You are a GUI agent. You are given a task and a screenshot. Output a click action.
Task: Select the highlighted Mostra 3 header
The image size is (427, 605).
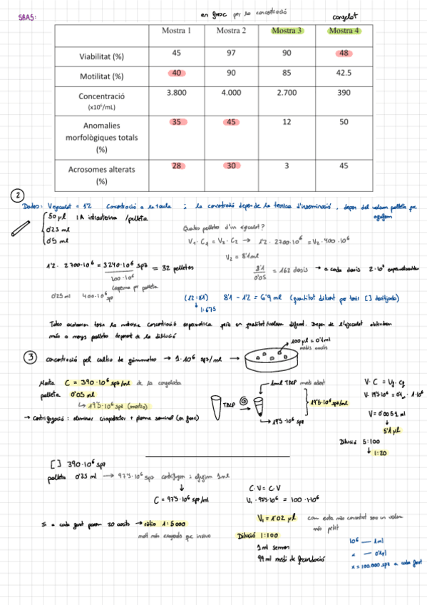287,31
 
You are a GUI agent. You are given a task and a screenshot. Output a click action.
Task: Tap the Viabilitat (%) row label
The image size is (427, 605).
103,55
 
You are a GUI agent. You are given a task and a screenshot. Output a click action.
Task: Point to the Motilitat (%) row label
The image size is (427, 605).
103,75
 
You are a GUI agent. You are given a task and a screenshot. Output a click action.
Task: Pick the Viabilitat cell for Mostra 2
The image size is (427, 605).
231,54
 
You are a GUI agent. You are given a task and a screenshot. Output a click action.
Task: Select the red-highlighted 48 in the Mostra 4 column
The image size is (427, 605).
344,54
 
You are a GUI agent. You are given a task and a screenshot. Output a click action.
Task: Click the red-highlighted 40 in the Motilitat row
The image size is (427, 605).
175,73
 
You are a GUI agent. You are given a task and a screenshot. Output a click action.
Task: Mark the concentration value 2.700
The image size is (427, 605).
287,93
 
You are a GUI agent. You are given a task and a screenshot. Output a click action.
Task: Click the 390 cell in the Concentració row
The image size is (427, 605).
344,93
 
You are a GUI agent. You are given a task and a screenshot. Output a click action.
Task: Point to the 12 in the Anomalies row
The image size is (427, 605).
287,123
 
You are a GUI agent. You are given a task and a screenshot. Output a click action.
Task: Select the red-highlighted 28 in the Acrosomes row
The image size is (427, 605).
175,166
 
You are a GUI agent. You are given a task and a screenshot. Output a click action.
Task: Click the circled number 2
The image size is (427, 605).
16,195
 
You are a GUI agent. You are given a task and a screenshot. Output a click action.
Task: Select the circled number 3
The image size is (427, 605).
30,359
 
